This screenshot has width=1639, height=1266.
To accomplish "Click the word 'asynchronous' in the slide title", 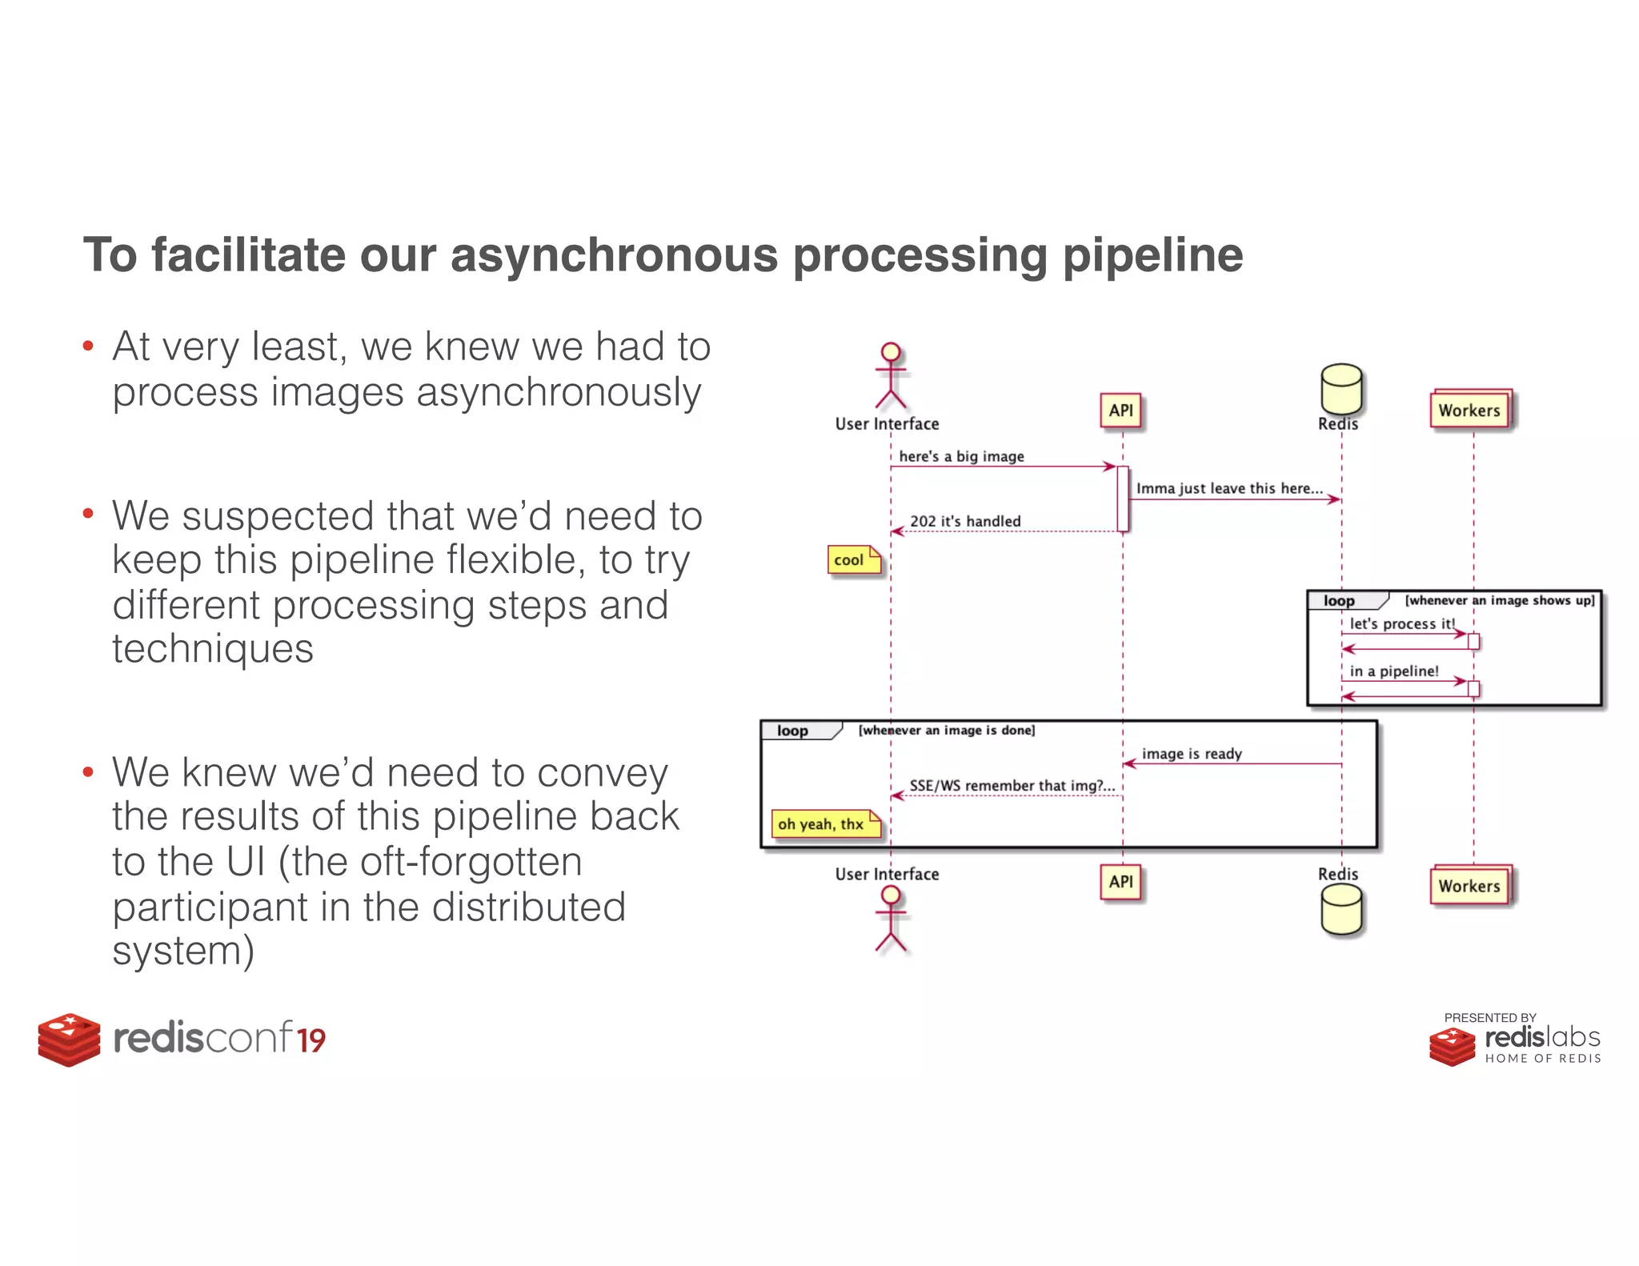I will [614, 255].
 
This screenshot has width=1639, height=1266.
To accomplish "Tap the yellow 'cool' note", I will [853, 560].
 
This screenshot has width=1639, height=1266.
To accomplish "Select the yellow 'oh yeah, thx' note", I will [825, 823].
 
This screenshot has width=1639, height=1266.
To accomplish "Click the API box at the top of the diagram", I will [1120, 411].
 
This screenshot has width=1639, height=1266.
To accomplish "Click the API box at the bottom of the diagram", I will [1120, 882].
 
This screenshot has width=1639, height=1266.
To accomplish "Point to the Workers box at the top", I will [1469, 411].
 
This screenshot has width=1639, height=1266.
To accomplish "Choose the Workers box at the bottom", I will [1469, 886].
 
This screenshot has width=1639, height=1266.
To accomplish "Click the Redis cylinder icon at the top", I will [1341, 387].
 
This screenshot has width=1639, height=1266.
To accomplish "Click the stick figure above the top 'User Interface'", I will [891, 375].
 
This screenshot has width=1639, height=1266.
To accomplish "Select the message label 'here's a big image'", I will [961, 456].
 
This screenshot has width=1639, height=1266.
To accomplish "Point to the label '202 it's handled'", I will [965, 521].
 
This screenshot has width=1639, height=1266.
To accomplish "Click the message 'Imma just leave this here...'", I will [1229, 488].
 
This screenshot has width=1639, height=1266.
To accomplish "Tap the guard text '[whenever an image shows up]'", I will [1500, 600].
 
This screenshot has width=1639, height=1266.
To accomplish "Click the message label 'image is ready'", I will [1192, 754].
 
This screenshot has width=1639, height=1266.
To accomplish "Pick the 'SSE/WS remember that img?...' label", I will [1012, 786].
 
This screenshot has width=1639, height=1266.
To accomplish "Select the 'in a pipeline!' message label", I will [1394, 671].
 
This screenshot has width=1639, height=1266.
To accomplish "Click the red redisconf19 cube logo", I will [69, 1039].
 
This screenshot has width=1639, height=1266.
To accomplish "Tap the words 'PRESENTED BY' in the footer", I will [1489, 1018].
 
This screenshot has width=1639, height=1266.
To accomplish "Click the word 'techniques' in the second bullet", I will [213, 648].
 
